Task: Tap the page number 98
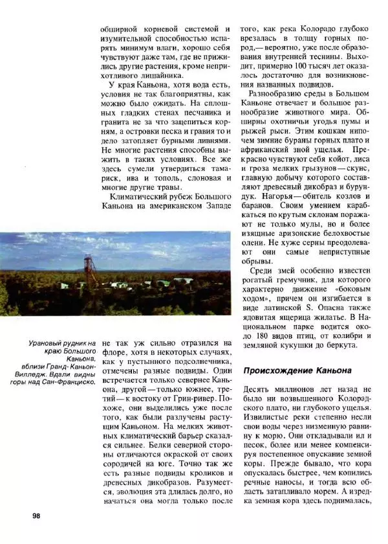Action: click(x=36, y=516)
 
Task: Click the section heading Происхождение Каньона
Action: click(x=297, y=370)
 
